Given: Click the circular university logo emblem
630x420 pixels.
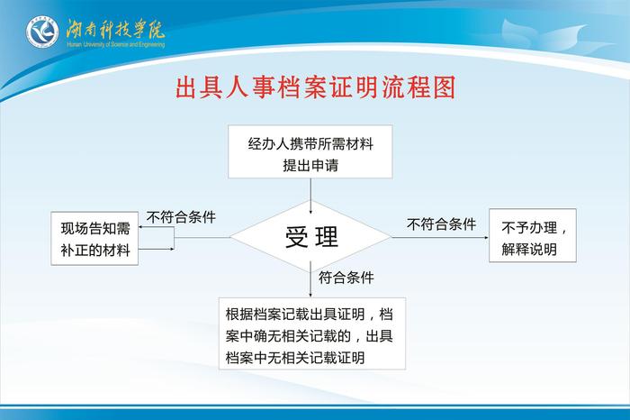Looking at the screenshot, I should (x=41, y=33).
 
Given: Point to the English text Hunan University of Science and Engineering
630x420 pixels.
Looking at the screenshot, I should (x=115, y=43).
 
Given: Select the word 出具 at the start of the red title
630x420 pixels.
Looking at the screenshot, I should (x=196, y=87).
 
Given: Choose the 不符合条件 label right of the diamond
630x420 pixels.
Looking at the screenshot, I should (x=441, y=224).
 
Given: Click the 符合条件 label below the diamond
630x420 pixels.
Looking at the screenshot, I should (x=346, y=277).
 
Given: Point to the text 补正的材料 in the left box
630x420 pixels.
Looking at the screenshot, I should (x=94, y=251).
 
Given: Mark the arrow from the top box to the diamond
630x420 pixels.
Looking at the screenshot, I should (x=310, y=195).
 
